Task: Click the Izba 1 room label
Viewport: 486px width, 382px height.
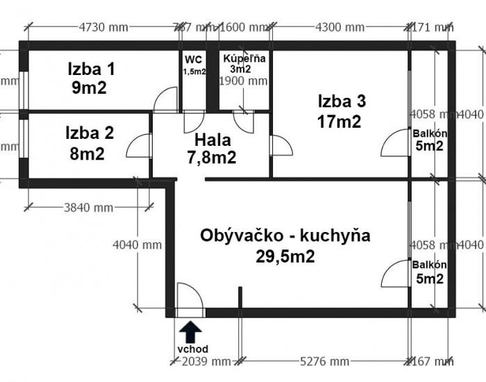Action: pyautogui.click(x=91, y=69)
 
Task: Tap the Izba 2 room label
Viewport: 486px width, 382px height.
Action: pyautogui.click(x=90, y=132)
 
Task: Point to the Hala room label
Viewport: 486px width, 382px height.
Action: pyautogui.click(x=212, y=138)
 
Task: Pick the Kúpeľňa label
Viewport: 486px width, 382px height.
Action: pyautogui.click(x=242, y=59)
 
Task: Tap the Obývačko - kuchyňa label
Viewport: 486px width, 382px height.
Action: pyautogui.click(x=285, y=235)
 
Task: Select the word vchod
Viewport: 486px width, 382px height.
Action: pyautogui.click(x=192, y=349)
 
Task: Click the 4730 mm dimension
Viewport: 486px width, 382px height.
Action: pyautogui.click(x=104, y=27)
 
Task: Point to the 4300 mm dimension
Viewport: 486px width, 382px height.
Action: pyautogui.click(x=340, y=27)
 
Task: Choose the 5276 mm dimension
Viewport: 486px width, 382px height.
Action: pyautogui.click(x=326, y=361)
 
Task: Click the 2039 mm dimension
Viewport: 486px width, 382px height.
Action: pyautogui.click(x=206, y=361)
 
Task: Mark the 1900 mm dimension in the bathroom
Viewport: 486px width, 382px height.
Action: pyautogui.click(x=243, y=81)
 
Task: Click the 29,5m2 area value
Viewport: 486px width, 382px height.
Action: pyautogui.click(x=285, y=256)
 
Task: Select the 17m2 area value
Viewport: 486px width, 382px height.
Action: pyautogui.click(x=340, y=122)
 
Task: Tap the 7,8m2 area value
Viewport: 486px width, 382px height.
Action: pyautogui.click(x=211, y=157)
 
